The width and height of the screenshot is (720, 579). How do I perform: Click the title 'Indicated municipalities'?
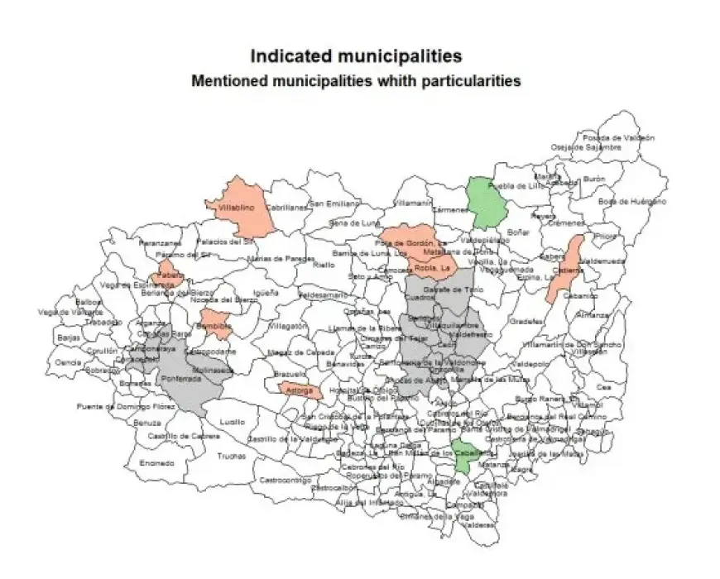[356, 56]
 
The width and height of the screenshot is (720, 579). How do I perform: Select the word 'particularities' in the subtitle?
[470, 82]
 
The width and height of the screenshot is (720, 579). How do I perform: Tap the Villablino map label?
[235, 208]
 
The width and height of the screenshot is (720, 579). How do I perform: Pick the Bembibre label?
[214, 327]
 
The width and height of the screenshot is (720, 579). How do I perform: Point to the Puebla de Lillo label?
[518, 186]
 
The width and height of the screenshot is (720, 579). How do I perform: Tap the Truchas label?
[232, 456]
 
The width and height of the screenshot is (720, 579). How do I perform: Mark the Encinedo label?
[156, 462]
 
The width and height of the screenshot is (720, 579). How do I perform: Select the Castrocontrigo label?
[284, 480]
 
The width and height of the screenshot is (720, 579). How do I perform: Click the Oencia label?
[69, 362]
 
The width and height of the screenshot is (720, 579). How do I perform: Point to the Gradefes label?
[527, 321]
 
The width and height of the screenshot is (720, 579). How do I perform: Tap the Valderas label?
[479, 524]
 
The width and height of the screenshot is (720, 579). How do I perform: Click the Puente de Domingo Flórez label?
[116, 406]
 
